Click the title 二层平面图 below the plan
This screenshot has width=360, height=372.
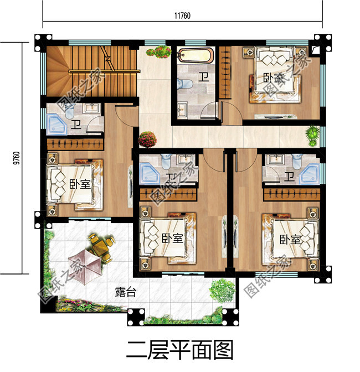click(179, 350)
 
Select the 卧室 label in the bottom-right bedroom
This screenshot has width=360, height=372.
click(290, 240)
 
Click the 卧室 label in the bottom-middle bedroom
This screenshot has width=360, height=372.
click(173, 239)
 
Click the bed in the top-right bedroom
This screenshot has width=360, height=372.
click(276, 77)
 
